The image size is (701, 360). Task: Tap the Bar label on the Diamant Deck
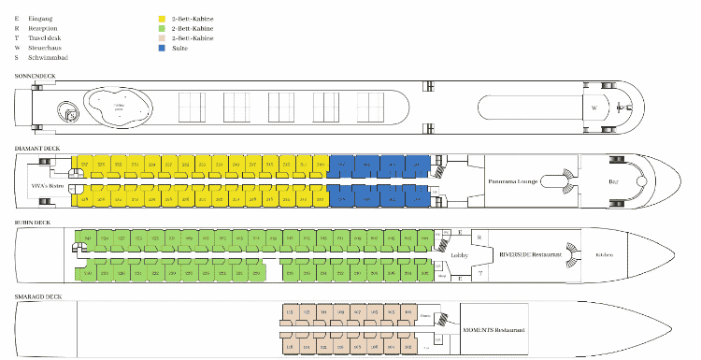click(x=613, y=180)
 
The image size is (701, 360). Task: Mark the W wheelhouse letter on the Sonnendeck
click(x=594, y=108)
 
